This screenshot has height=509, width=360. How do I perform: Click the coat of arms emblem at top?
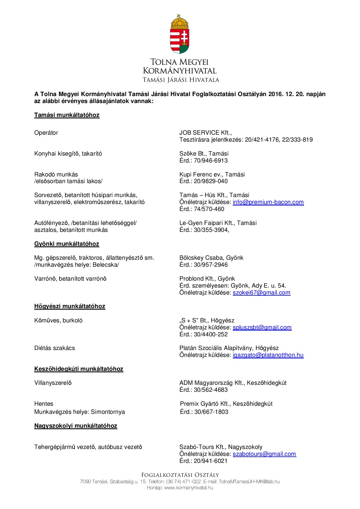[x=180, y=34]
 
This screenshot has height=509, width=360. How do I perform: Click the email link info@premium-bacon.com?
[x=268, y=202]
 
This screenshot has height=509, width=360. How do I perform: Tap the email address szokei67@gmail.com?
[x=261, y=293]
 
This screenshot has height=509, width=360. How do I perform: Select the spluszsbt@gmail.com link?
[x=262, y=327]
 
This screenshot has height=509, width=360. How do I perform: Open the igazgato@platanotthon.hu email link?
[x=268, y=355]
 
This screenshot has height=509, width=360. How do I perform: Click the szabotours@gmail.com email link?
[x=264, y=454]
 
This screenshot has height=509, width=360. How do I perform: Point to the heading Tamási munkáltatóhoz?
[x=67, y=115]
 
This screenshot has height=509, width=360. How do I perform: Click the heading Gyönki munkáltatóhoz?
[x=66, y=244]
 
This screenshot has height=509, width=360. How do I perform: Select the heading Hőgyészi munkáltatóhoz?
[x=70, y=306]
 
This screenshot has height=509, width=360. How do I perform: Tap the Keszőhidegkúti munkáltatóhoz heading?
[x=79, y=369]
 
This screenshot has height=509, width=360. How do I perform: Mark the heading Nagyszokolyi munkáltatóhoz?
[x=75, y=426]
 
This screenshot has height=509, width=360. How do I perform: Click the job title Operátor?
[x=46, y=133]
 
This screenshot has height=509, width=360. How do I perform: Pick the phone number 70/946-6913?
[x=211, y=160]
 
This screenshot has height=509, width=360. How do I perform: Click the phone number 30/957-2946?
[x=211, y=265]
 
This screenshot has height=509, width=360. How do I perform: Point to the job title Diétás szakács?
[x=55, y=348]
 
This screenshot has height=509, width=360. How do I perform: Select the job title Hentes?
[x=44, y=404]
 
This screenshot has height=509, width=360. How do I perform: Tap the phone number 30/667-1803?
[x=211, y=412]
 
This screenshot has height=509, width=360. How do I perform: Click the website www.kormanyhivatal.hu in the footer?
[x=188, y=488]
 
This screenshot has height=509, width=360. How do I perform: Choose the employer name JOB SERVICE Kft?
[x=205, y=133]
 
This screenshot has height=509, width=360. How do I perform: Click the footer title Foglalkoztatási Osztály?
[x=180, y=475]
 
